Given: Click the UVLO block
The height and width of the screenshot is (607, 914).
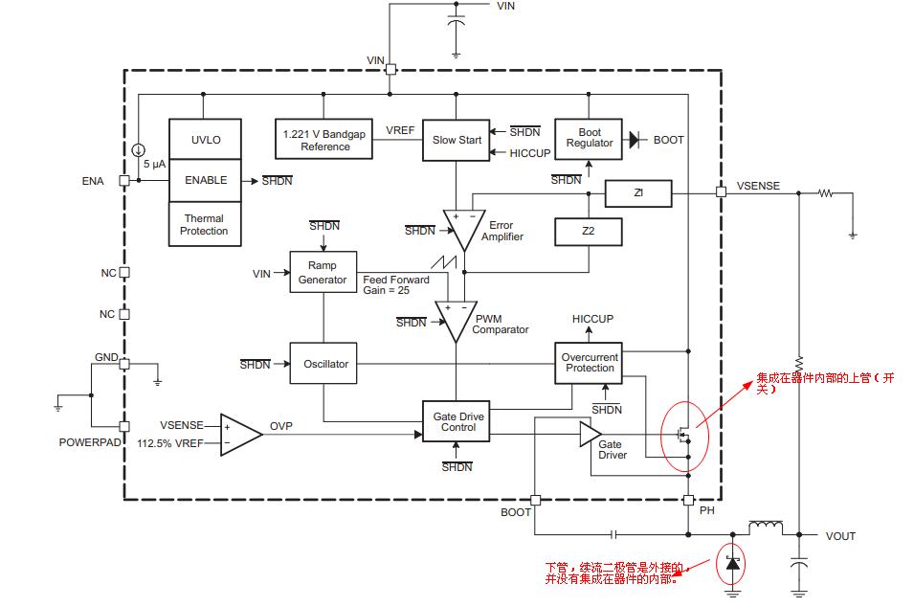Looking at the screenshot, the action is (205, 140).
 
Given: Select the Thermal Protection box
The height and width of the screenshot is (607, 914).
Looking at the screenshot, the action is (205, 224).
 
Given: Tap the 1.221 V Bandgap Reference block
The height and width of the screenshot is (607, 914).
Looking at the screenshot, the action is (323, 140).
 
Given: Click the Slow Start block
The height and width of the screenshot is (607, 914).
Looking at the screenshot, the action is (456, 140).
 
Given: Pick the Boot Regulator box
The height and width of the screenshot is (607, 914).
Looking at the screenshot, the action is (589, 139).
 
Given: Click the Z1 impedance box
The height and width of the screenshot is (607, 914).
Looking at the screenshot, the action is (639, 193).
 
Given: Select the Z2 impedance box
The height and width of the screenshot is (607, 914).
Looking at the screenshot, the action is (589, 232).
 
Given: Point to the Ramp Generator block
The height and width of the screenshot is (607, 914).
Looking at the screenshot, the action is (323, 272).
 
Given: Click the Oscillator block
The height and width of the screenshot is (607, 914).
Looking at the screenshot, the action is (323, 363).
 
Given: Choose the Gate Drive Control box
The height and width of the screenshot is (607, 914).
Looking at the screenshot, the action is (456, 421).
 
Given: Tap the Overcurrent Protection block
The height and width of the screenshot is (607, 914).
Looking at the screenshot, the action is (589, 363).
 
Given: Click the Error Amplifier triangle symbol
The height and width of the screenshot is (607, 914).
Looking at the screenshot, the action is (464, 229).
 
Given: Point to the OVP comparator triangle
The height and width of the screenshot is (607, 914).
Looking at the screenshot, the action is (240, 435).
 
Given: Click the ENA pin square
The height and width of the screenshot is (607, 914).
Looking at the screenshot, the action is (124, 181).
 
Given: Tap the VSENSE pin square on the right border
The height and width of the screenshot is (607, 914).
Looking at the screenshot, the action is (721, 191).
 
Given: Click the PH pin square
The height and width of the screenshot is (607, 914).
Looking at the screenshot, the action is (688, 501).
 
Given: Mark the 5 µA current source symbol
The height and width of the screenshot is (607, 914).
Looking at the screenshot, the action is (138, 150).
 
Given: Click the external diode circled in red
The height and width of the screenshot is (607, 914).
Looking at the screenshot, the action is (733, 564).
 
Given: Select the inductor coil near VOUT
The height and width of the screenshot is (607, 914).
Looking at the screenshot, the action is (766, 527).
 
